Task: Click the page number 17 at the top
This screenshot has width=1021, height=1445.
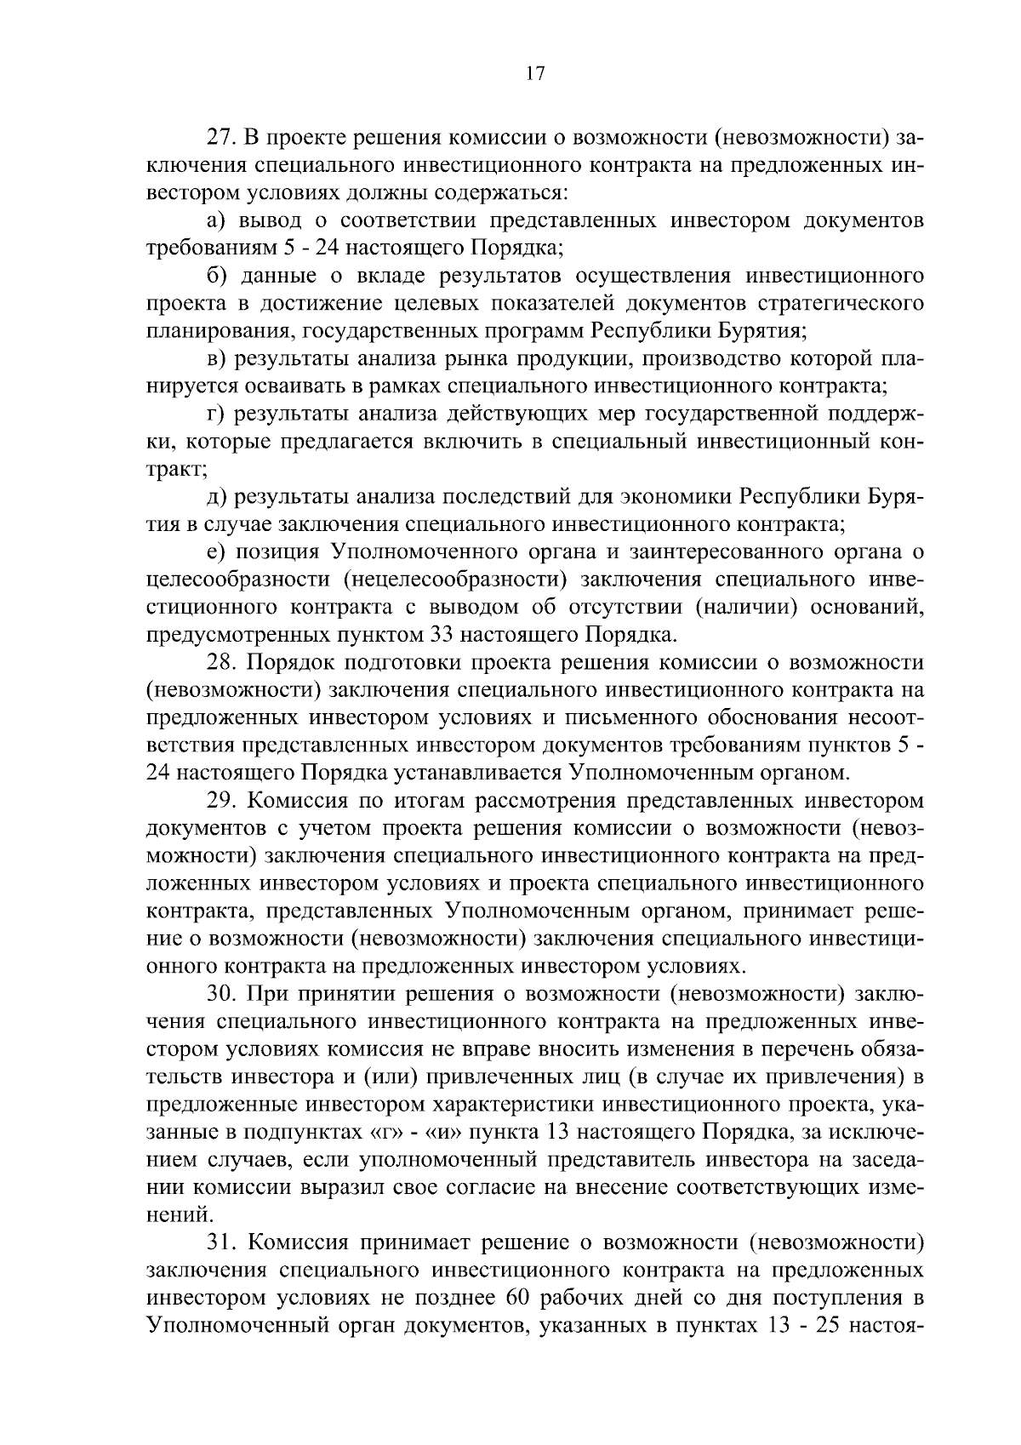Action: click(x=534, y=74)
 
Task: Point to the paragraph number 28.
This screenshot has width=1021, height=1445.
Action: click(x=222, y=663)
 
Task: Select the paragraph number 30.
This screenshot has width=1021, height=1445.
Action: click(x=222, y=994)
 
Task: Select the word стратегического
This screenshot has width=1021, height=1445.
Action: click(x=839, y=303)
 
